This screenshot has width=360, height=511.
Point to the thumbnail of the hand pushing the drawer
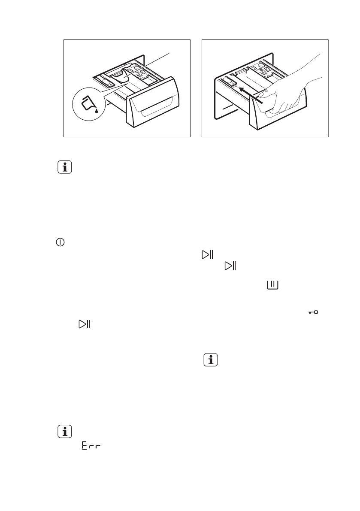(x=265, y=88)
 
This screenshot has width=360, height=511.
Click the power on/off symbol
(x=59, y=243)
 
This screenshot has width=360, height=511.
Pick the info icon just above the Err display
(x=65, y=432)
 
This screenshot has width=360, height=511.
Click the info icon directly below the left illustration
(x=65, y=167)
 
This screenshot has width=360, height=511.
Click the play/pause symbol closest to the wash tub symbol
(x=230, y=266)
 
